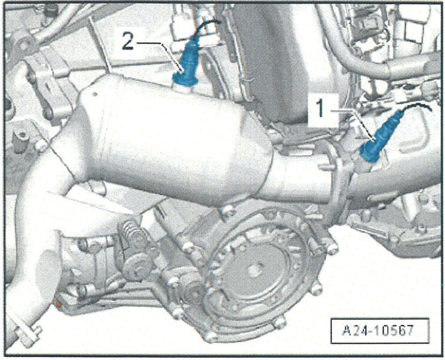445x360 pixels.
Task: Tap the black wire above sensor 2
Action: (x=207, y=25)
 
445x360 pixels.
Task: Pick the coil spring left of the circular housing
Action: (x=131, y=242)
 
